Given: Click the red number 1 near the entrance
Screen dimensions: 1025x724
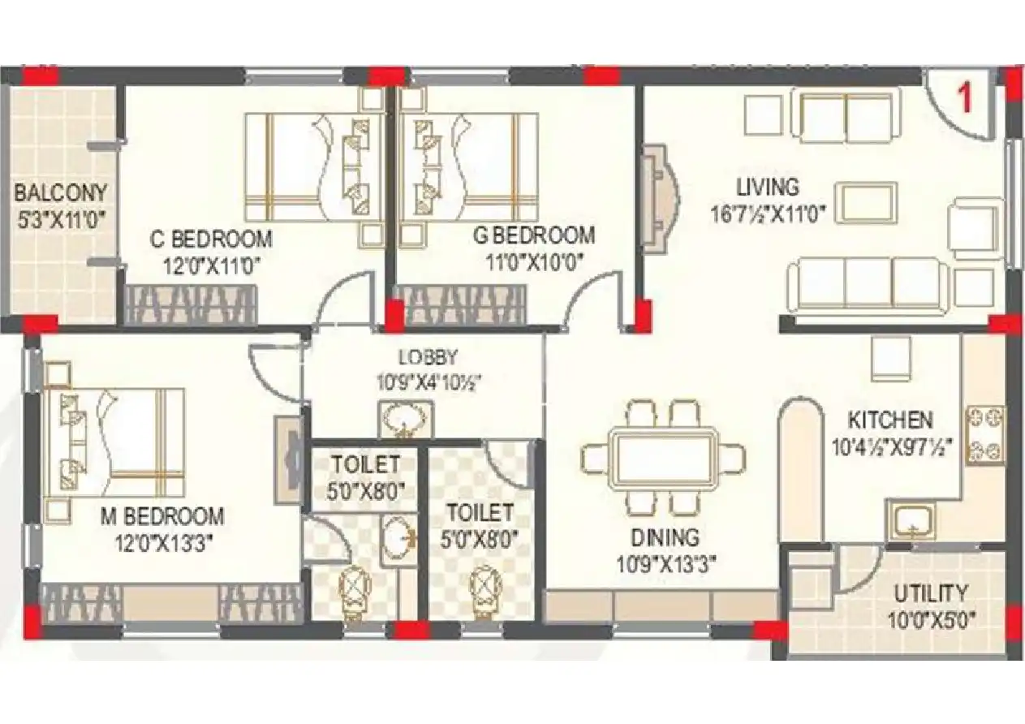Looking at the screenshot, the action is tap(966, 97).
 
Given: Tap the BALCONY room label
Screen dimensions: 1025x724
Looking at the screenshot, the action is tap(60, 192).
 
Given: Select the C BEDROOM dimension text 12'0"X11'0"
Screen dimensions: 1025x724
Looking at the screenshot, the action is tap(211, 265).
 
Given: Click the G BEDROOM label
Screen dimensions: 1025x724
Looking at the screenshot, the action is tap(534, 235).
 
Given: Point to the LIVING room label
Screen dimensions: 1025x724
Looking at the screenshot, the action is tap(768, 187).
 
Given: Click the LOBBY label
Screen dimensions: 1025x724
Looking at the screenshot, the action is tap(428, 357).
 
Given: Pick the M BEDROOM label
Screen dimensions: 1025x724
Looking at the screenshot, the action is tap(162, 515).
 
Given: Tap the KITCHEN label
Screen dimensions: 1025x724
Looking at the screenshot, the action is tap(890, 420).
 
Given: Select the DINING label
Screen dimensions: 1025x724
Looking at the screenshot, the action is tap(665, 537).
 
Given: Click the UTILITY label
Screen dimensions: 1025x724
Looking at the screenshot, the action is tap(931, 593).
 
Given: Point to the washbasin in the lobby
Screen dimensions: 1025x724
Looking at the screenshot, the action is tap(406, 419).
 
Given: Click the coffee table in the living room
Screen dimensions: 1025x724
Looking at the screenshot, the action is tap(866, 203).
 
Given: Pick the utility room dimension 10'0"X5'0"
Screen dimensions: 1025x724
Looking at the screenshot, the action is tap(931, 621).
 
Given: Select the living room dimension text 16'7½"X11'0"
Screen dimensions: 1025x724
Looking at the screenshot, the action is tap(768, 214).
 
